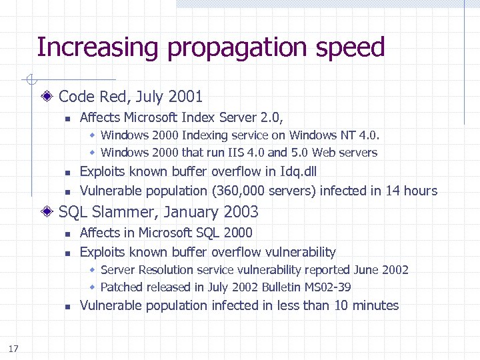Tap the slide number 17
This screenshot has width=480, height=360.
13,348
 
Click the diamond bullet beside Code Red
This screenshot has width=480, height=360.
49,97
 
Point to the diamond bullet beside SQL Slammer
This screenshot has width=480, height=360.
49,212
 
